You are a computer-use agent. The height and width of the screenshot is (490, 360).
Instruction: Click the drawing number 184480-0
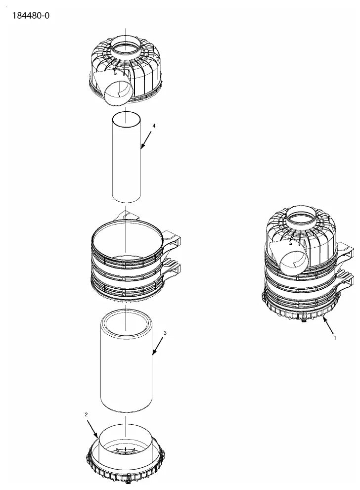pos(31,15)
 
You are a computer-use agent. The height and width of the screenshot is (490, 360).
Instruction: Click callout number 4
pos(154,126)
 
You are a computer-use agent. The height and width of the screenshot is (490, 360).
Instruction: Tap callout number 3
pos(165,333)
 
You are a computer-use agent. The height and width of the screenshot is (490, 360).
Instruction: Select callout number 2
pos(86,414)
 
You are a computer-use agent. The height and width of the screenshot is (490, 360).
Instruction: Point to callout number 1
pos(335,338)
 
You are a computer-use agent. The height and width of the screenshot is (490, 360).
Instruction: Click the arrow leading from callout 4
pos(146,139)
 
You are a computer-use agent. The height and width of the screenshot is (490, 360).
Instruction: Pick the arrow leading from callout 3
pos(158,346)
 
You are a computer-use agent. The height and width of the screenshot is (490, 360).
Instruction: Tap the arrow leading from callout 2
pos(92,429)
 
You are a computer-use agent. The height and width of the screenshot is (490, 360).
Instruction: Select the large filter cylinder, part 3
pos(126,360)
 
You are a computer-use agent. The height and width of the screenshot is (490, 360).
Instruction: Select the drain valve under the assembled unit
pos(303,320)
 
